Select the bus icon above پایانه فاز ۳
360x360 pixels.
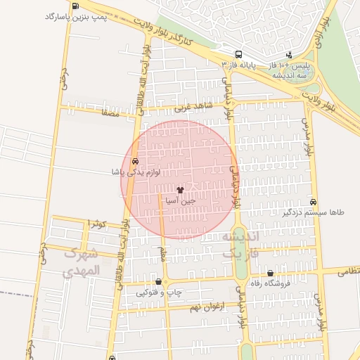pos(239,54)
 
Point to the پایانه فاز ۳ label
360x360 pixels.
pos(238,65)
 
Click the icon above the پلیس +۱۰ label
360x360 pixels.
pos(288,55)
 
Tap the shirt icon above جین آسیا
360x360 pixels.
pos(180,189)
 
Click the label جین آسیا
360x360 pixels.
pos(180,200)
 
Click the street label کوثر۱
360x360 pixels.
pos(96,223)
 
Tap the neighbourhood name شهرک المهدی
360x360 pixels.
pos(82,261)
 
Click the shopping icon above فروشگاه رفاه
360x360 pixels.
pos(271,274)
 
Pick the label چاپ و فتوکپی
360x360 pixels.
pos(157,292)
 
